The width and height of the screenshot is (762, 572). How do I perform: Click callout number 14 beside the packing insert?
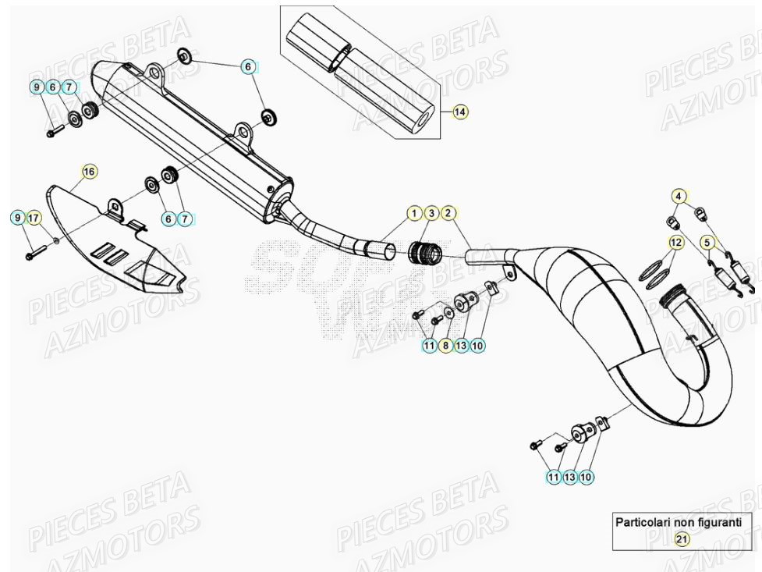click(460, 112)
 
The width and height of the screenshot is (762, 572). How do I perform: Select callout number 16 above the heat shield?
click(89, 171)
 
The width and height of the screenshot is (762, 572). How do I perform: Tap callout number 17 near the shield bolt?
click(34, 218)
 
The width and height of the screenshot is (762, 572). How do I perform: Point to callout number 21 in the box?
click(682, 539)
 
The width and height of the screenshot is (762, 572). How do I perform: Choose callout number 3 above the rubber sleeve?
click(431, 213)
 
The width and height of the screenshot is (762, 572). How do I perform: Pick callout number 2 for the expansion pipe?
click(448, 213)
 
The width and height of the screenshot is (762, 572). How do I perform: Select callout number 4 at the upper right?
click(679, 196)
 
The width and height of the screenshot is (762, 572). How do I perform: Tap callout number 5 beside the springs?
click(707, 243)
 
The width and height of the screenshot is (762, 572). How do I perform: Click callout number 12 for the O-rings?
click(675, 243)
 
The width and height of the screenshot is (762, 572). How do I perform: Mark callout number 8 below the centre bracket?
click(445, 344)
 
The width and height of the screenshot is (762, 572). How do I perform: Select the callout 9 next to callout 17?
click(17, 218)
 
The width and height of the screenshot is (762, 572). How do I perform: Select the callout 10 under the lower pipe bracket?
click(587, 476)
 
